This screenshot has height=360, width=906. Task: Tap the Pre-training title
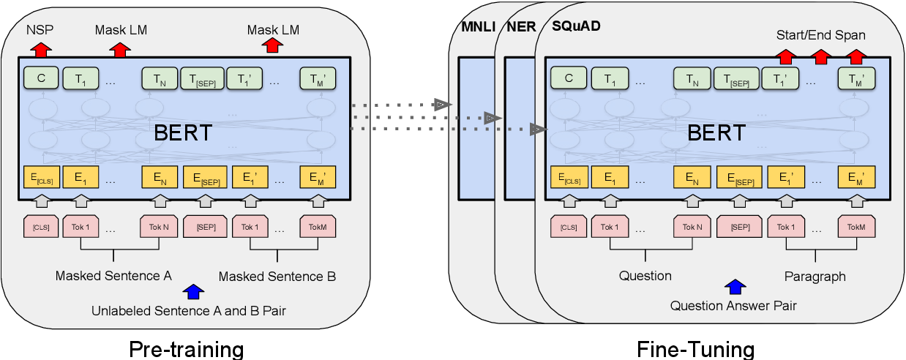[x=186, y=348]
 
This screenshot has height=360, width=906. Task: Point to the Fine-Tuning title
[x=695, y=348]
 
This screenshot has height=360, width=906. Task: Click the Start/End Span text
[x=821, y=34]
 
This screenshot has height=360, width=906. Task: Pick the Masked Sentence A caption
[x=113, y=277]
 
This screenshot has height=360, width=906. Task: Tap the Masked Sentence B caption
[x=277, y=277]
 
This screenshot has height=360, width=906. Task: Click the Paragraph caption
[x=815, y=277]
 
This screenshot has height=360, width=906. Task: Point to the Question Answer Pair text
[x=734, y=305]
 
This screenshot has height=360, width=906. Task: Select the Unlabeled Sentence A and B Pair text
[x=189, y=310]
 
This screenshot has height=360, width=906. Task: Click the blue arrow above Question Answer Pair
[x=735, y=286]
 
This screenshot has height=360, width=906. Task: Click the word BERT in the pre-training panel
[x=183, y=132]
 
